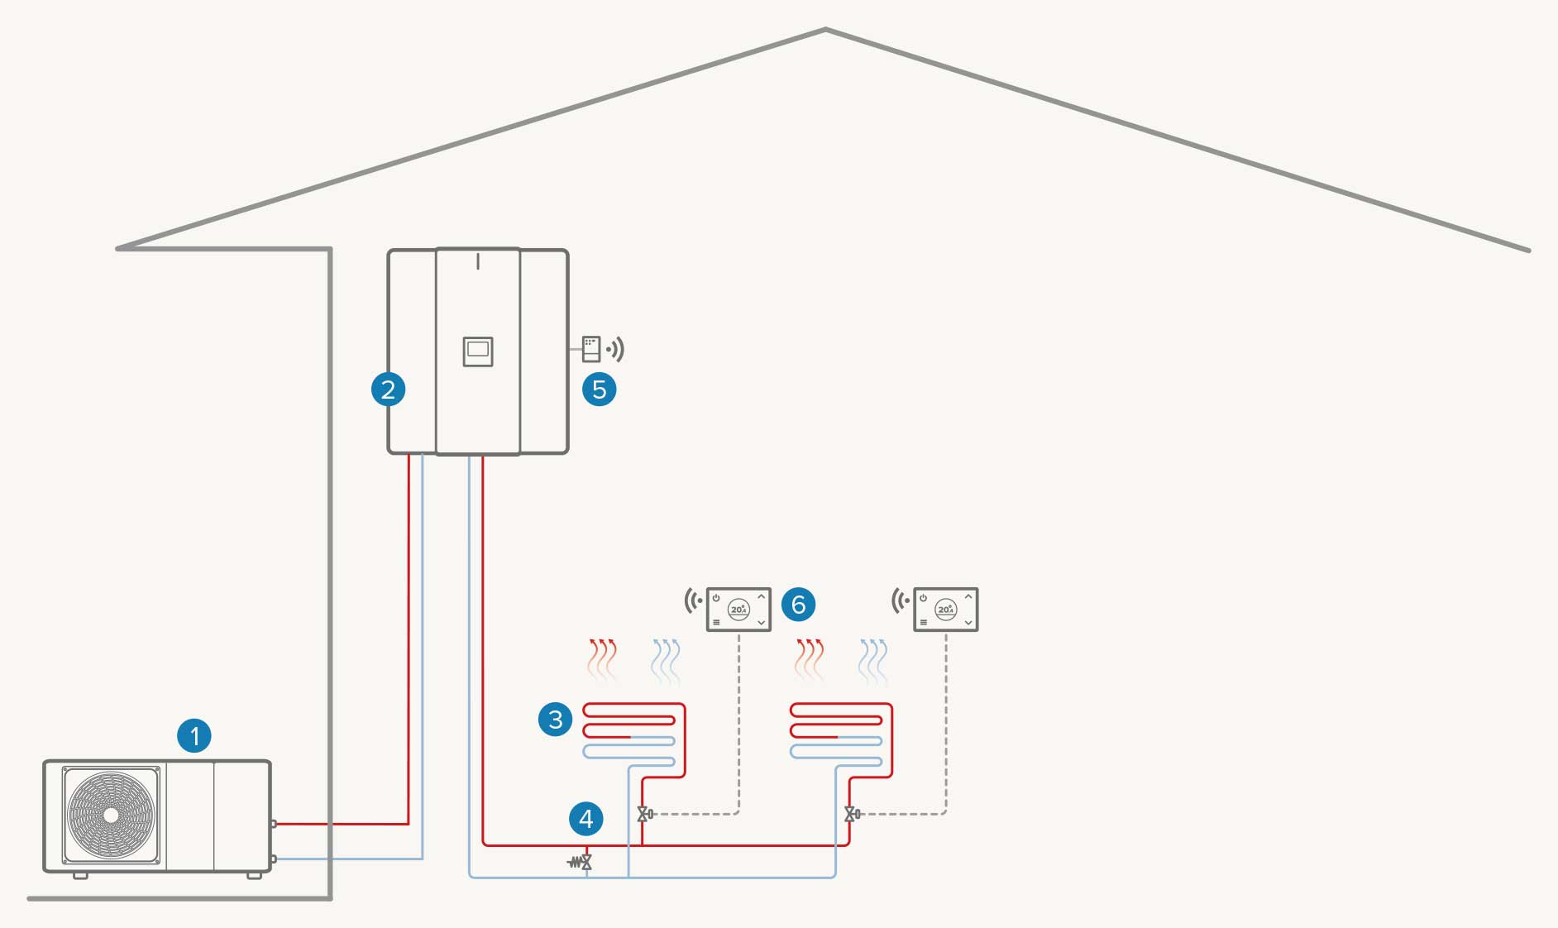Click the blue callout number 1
pyautogui.click(x=194, y=735)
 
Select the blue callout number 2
pyautogui.click(x=388, y=389)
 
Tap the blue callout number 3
pyautogui.click(x=555, y=719)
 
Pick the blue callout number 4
pyautogui.click(x=586, y=819)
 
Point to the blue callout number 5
pyautogui.click(x=600, y=389)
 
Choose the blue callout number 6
pyautogui.click(x=798, y=605)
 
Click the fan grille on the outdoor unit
pyautogui.click(x=111, y=815)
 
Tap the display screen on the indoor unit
pyautogui.click(x=478, y=351)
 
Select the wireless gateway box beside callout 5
pyautogui.click(x=590, y=349)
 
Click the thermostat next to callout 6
pyautogui.click(x=738, y=610)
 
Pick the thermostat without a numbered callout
pyautogui.click(x=945, y=610)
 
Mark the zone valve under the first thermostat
pyautogui.click(x=644, y=814)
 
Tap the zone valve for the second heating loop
pyautogui.click(x=851, y=814)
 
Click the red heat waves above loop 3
pyautogui.click(x=603, y=659)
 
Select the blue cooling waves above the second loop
pyautogui.click(x=873, y=661)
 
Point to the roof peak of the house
pyautogui.click(x=825, y=31)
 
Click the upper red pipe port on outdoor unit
pyautogui.click(x=274, y=824)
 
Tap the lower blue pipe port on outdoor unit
pyautogui.click(x=274, y=859)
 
